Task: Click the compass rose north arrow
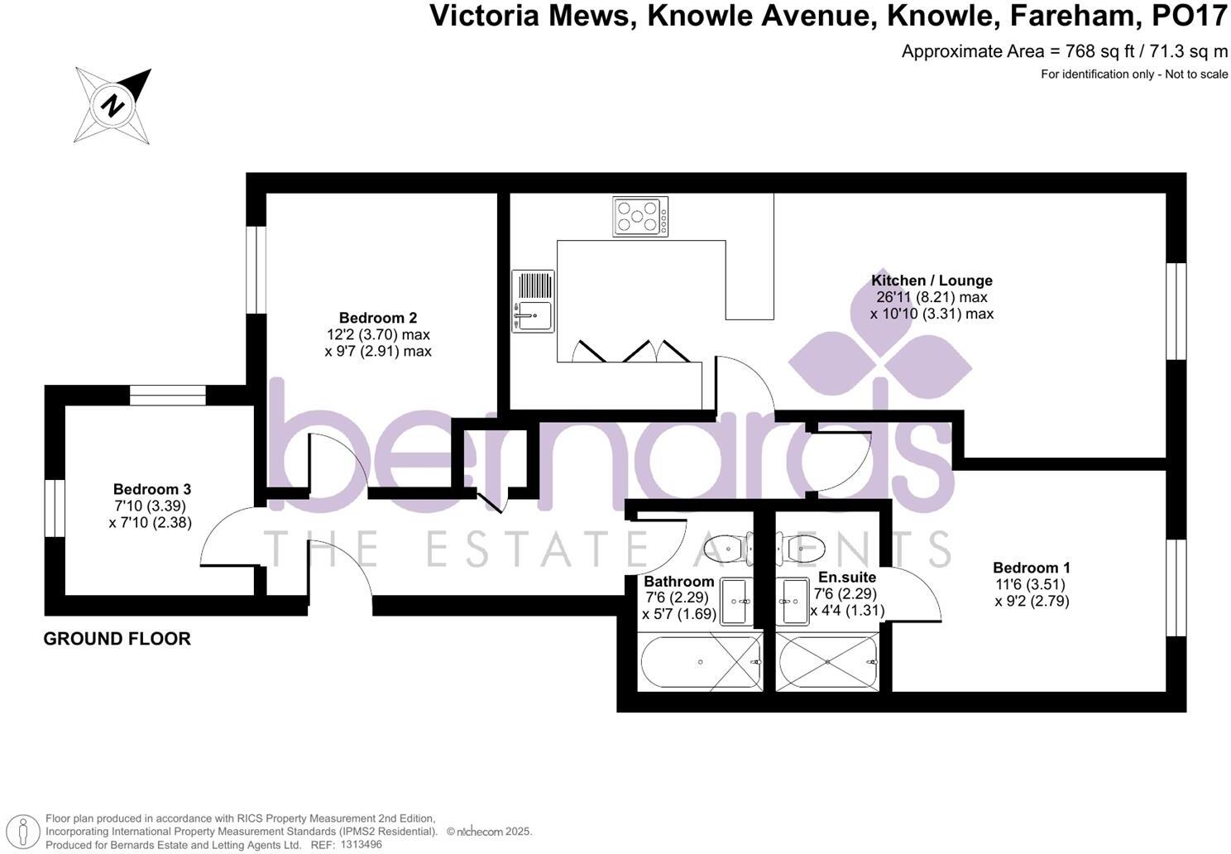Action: click(113, 105)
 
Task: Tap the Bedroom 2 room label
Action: click(378, 318)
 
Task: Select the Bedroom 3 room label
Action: click(152, 489)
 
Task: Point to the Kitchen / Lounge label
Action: click(932, 281)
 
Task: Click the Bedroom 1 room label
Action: click(1032, 568)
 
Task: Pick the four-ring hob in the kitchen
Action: click(640, 217)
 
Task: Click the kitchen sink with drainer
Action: click(533, 301)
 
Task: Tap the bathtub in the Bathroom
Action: click(701, 662)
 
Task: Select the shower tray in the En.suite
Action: click(828, 662)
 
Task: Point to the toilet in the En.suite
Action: click(803, 547)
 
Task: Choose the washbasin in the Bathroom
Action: click(736, 601)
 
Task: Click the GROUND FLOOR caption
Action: click(117, 639)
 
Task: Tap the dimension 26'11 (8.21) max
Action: click(932, 297)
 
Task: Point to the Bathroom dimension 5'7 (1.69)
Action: click(679, 614)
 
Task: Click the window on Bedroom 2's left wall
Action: click(256, 269)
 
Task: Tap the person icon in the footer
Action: click(27, 831)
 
